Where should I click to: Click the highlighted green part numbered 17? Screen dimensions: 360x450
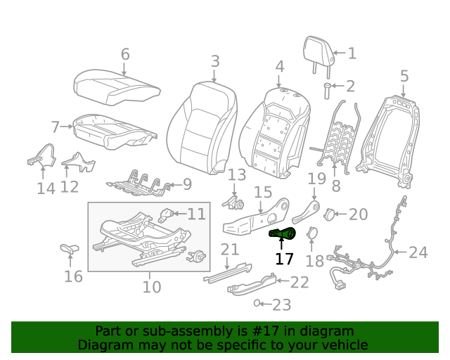pos(283,234)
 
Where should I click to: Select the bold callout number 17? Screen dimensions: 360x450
pos(284,259)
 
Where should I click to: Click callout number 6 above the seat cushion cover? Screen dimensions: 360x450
pos(125,54)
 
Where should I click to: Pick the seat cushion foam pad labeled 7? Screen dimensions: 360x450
pos(112,131)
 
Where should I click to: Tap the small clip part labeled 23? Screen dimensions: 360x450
pos(259,303)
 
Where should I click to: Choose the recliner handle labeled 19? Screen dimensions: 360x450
pos(307,212)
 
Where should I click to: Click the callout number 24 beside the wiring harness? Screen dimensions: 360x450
pos(418,252)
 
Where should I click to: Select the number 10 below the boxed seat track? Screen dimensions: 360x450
pos(152,287)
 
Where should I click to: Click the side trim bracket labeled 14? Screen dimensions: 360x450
pos(44,157)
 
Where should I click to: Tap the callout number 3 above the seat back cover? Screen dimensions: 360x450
pos(215,61)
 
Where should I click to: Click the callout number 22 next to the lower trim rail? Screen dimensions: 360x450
pos(300,282)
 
